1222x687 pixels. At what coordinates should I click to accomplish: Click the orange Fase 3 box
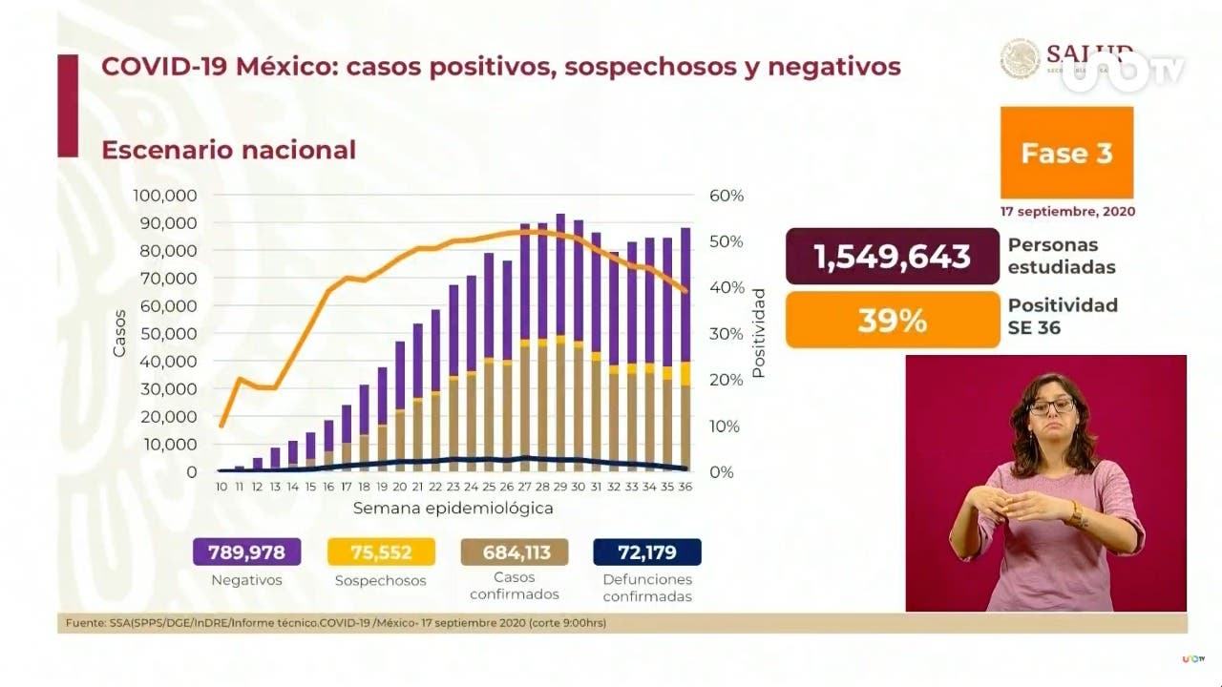pyautogui.click(x=1066, y=153)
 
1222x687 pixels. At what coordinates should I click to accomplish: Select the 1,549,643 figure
pyautogui.click(x=892, y=256)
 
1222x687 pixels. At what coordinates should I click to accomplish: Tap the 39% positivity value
pyautogui.click(x=892, y=321)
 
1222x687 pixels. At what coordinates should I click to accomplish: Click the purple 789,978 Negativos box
pyautogui.click(x=246, y=552)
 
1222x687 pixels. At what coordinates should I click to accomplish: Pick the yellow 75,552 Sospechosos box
pyautogui.click(x=380, y=552)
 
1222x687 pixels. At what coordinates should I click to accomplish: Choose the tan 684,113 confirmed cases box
pyautogui.click(x=514, y=552)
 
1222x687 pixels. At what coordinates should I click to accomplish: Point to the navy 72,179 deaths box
pyautogui.click(x=647, y=552)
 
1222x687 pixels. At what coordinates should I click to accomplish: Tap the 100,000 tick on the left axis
pyautogui.click(x=165, y=196)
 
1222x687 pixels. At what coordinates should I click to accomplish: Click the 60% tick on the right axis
pyautogui.click(x=726, y=196)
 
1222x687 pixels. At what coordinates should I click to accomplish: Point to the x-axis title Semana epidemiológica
pyautogui.click(x=453, y=509)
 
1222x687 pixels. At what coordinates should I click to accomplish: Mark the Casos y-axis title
pyautogui.click(x=119, y=334)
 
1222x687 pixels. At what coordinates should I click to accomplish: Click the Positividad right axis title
pyautogui.click(x=759, y=333)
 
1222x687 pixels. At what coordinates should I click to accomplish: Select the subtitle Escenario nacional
pyautogui.click(x=228, y=150)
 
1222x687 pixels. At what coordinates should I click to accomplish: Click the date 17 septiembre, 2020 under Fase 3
pyautogui.click(x=1067, y=211)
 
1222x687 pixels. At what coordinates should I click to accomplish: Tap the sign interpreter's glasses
pyautogui.click(x=1051, y=406)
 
